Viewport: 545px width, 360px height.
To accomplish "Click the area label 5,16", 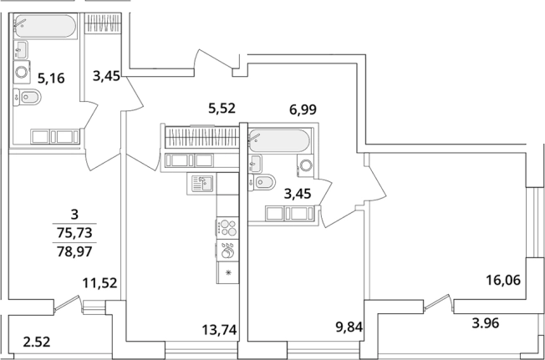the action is click(51, 79).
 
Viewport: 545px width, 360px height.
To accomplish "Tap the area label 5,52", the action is click(222, 109).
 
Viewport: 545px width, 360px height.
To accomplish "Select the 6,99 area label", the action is click(303, 109).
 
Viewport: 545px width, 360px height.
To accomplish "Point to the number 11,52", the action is click(99, 283).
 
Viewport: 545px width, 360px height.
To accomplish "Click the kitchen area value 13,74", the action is click(219, 329).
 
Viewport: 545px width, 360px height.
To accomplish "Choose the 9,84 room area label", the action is click(349, 327).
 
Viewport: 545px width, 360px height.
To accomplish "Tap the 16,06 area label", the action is click(503, 280).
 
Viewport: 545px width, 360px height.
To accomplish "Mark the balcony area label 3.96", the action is click(485, 323).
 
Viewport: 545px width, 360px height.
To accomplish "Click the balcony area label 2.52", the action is click(37, 342).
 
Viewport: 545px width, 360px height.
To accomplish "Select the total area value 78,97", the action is click(74, 251).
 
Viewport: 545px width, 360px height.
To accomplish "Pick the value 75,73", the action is click(74, 232).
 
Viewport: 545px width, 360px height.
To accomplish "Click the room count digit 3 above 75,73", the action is click(74, 215).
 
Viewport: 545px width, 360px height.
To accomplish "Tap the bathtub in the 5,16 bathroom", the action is click(45, 26).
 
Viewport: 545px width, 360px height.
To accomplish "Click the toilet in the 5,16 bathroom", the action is click(27, 97).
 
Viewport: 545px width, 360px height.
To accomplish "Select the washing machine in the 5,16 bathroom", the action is click(22, 72).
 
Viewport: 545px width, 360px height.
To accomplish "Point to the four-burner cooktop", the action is click(227, 228).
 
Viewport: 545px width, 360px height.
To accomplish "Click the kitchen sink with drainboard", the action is click(201, 184).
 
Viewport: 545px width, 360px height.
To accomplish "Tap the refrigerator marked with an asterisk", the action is click(227, 272).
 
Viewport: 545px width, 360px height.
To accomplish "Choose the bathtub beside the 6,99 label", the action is click(278, 140).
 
